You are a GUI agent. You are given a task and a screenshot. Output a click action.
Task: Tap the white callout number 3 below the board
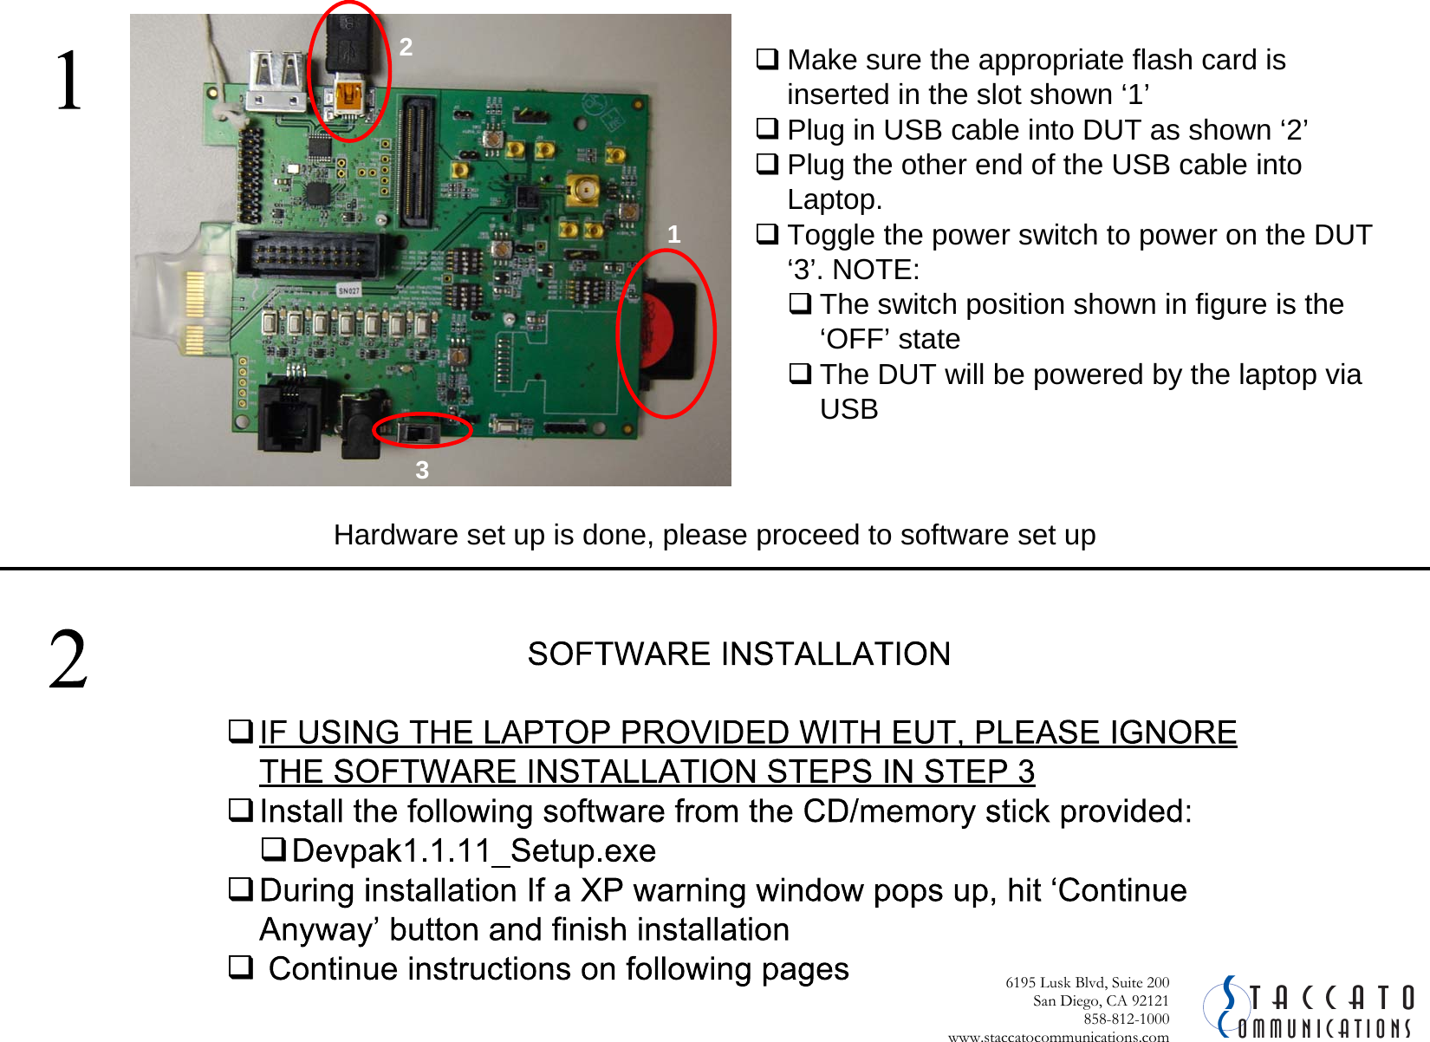[x=422, y=470]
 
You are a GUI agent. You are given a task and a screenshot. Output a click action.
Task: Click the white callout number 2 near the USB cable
[x=406, y=47]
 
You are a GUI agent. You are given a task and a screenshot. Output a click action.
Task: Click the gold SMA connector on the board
[x=583, y=189]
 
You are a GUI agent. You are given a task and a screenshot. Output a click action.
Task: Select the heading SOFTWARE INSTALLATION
[x=738, y=654]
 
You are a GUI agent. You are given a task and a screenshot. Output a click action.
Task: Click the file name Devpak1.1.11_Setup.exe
[x=474, y=851]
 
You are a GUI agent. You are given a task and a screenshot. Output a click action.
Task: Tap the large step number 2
[x=68, y=661]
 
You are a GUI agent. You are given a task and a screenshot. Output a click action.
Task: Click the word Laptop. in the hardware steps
[x=835, y=199]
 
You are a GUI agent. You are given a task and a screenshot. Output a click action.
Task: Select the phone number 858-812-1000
[x=1126, y=1019]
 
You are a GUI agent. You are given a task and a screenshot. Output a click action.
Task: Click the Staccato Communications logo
[x=1309, y=1007]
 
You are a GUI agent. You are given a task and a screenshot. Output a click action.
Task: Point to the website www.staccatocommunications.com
[x=1058, y=1036]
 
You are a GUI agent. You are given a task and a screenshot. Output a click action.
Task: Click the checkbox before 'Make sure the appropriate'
[x=767, y=59]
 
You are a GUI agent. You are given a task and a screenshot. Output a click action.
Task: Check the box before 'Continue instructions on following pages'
[x=240, y=967]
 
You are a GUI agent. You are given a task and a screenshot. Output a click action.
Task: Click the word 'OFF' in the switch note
[x=890, y=339]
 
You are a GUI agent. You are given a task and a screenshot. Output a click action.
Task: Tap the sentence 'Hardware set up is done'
[x=714, y=535]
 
